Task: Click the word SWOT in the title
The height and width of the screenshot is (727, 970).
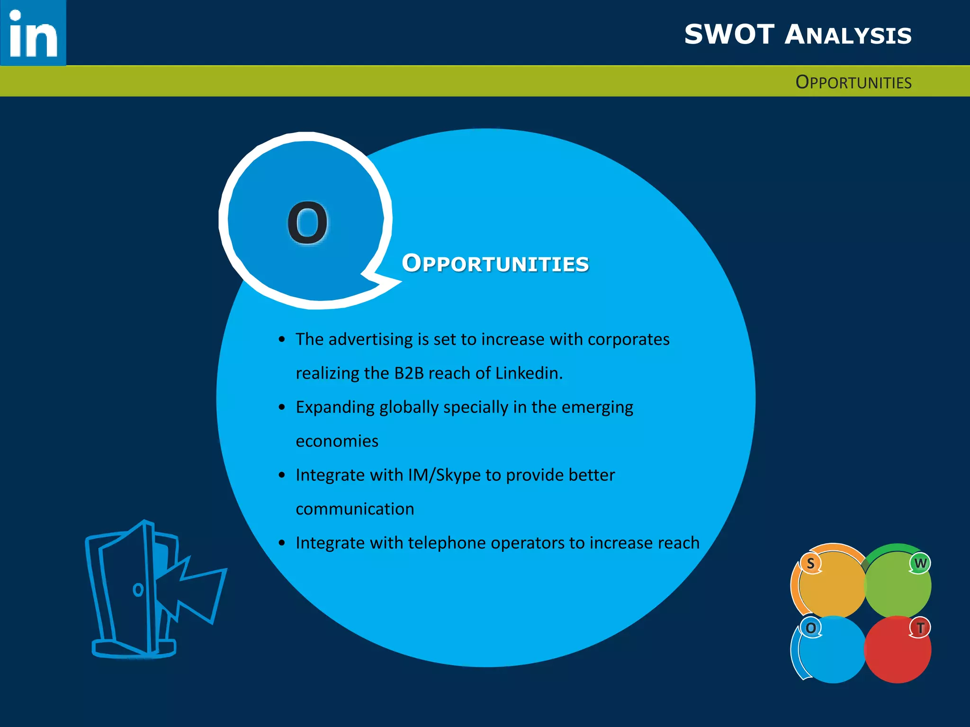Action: click(729, 35)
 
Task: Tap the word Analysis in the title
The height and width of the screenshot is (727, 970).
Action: click(848, 35)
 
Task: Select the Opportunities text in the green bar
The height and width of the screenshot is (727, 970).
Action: click(853, 82)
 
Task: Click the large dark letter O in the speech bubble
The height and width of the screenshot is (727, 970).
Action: click(308, 223)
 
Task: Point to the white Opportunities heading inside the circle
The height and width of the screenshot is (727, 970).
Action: click(495, 264)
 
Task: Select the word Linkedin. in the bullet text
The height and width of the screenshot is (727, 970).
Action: click(529, 373)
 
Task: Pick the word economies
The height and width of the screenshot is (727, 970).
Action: click(337, 441)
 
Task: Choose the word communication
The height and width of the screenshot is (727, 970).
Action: click(355, 509)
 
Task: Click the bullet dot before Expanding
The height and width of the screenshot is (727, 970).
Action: click(282, 408)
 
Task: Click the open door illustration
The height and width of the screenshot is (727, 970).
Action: click(152, 589)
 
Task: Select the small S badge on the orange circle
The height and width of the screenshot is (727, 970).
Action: click(811, 564)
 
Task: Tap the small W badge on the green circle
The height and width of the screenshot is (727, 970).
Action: click(920, 563)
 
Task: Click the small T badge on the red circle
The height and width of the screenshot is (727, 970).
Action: click(920, 628)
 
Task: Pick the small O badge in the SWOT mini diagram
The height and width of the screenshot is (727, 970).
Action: click(811, 628)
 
